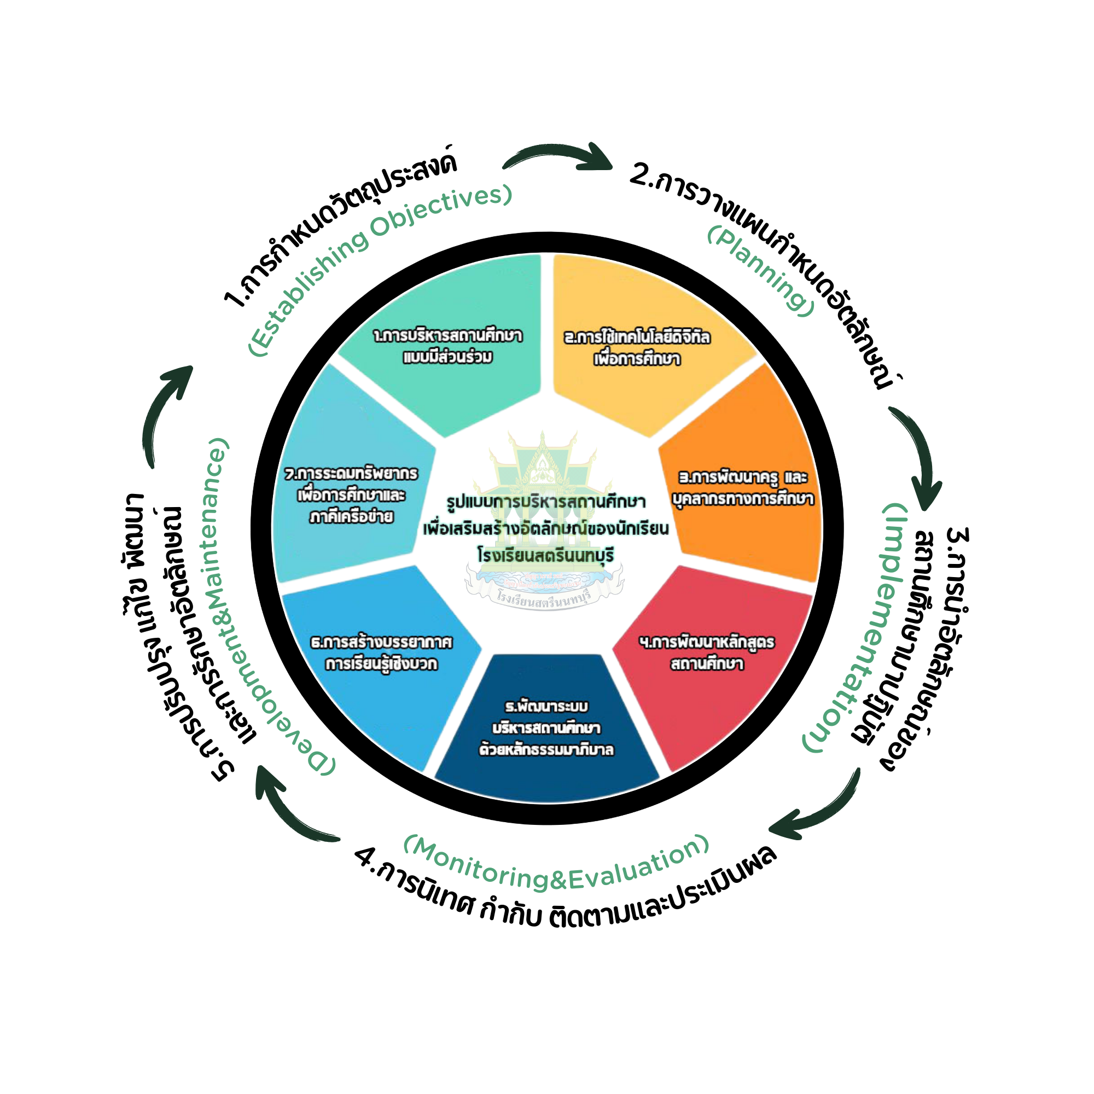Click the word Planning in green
click(x=761, y=270)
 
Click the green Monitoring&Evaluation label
click(x=558, y=863)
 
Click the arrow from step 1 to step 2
click(x=561, y=156)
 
